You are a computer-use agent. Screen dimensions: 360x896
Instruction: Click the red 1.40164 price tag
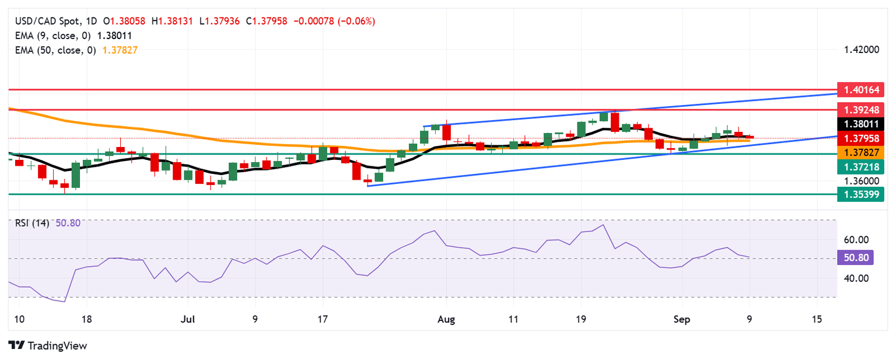click(861, 90)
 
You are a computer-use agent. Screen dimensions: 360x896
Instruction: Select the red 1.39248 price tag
click(861, 109)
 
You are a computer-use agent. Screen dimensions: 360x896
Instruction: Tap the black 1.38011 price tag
click(861, 124)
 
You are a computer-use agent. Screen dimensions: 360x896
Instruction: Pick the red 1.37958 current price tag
click(861, 138)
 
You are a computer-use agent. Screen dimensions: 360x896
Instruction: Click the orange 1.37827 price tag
click(861, 152)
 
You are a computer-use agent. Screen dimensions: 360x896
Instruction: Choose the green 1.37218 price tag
click(861, 167)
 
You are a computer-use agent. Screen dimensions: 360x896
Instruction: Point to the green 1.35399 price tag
click(861, 194)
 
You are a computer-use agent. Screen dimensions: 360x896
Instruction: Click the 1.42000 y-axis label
click(861, 50)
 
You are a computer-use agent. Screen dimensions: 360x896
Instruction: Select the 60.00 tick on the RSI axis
click(856, 240)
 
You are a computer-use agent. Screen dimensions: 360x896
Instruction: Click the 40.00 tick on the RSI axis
click(856, 278)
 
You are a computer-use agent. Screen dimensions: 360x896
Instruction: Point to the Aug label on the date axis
click(454, 320)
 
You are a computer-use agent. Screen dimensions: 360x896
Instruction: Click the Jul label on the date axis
click(188, 320)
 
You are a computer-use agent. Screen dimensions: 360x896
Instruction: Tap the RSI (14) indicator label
click(33, 222)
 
